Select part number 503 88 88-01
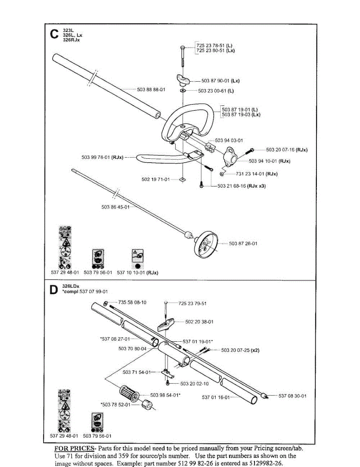[151, 90]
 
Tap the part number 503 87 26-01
[243, 244]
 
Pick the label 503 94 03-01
[229, 140]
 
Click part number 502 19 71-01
[155, 179]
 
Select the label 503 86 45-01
[115, 207]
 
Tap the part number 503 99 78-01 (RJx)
[102, 157]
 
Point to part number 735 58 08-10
[132, 302]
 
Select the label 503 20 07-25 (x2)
[240, 350]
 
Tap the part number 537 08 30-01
[292, 396]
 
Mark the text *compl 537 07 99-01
[85, 291]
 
